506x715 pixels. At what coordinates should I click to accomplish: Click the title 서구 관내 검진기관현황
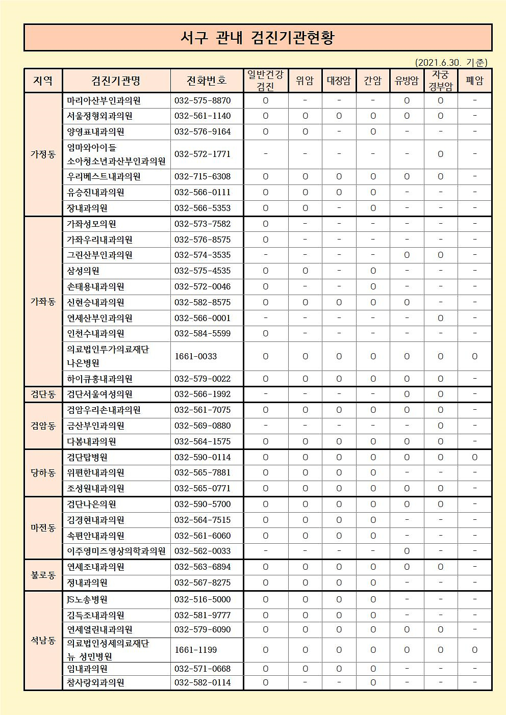click(x=258, y=38)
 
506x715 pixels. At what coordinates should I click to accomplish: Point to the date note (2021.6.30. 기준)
click(x=451, y=62)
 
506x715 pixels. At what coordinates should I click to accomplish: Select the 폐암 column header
click(x=474, y=81)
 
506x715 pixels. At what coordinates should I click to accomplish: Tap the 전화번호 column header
click(x=206, y=81)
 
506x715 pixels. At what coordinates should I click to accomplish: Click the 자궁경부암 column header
click(x=440, y=81)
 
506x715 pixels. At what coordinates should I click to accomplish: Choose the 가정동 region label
click(x=43, y=154)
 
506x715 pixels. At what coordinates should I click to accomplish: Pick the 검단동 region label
click(x=43, y=394)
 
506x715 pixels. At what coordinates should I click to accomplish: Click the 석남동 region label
click(x=43, y=641)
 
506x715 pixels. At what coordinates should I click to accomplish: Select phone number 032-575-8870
click(x=203, y=100)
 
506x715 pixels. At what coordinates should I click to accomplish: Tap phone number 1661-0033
click(x=196, y=356)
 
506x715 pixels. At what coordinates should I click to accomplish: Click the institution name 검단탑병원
click(x=87, y=457)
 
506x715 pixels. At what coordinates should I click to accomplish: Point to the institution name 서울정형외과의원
click(x=99, y=116)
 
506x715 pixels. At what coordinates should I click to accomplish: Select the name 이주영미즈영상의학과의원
click(x=116, y=551)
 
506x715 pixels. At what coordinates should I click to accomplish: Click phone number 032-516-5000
click(x=203, y=599)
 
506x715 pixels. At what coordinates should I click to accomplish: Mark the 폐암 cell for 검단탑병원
click(x=474, y=457)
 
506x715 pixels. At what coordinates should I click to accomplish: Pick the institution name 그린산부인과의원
click(x=99, y=255)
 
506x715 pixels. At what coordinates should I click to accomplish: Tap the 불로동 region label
click(x=43, y=575)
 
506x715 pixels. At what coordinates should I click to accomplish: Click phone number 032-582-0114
click(x=203, y=682)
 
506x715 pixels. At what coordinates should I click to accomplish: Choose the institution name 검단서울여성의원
click(x=99, y=394)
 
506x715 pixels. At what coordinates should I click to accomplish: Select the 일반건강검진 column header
click(x=265, y=81)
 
